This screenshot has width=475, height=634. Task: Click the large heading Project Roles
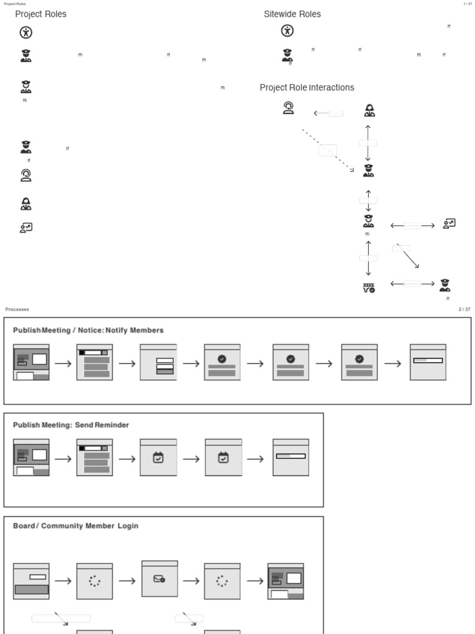point(41,14)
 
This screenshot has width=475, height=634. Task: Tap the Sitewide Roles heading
point(293,14)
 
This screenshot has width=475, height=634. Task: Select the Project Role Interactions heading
point(307,88)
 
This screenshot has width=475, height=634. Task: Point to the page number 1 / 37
point(468,4)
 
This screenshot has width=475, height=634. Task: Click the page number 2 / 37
point(464,310)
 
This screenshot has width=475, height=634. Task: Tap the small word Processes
point(17,310)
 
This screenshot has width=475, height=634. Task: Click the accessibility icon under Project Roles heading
point(25,33)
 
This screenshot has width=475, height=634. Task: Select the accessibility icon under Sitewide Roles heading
point(287,30)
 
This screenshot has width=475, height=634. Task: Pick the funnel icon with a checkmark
point(369,287)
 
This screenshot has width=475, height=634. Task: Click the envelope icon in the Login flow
point(160,580)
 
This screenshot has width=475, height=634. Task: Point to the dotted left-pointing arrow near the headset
point(321,113)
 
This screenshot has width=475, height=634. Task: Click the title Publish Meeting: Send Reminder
point(71,425)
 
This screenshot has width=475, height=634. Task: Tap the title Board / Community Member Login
point(75,526)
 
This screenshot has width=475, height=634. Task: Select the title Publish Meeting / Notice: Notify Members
point(88,331)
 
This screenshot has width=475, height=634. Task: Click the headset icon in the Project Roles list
point(25,175)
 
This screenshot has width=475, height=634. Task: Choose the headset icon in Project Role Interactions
point(288,109)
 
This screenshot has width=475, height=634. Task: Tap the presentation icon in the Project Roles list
point(26,228)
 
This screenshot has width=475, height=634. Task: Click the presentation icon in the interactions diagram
point(449,224)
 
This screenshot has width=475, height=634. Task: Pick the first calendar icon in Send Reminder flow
point(158,458)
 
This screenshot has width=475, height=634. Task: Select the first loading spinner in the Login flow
point(94,581)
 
